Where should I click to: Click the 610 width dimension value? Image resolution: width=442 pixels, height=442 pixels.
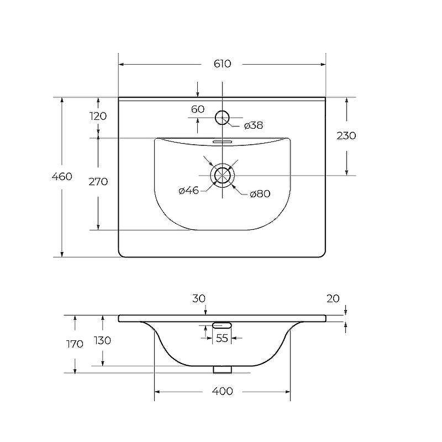tap(222, 64)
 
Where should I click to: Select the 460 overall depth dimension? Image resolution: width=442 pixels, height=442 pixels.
tap(62, 176)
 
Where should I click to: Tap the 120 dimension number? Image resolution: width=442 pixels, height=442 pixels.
tap(98, 116)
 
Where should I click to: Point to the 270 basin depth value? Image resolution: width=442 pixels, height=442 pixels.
tap(98, 182)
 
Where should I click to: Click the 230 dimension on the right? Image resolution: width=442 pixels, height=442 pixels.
tap(346, 136)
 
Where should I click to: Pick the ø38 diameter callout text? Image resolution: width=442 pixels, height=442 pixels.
tap(254, 125)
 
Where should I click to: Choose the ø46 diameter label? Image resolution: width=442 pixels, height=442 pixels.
tap(188, 191)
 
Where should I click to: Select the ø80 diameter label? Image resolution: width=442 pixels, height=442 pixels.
tap(260, 194)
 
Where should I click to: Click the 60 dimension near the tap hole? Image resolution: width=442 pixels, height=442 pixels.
tap(198, 109)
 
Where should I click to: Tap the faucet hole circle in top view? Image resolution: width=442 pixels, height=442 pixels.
tap(223, 110)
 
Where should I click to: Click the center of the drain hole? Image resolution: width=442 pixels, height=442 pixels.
tap(223, 175)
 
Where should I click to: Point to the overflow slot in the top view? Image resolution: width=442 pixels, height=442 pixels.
tap(222, 141)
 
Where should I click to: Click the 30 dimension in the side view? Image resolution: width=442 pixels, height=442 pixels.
tap(199, 298)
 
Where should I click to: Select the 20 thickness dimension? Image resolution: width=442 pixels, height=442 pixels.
tap(333, 298)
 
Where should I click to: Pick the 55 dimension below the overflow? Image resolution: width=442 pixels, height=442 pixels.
tap(222, 338)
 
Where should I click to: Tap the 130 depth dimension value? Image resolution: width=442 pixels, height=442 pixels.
tap(103, 340)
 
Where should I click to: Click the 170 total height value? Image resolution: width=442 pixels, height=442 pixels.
tap(75, 344)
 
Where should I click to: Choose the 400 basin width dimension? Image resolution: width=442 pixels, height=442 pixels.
tap(223, 391)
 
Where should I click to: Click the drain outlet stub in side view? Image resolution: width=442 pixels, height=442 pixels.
tap(223, 369)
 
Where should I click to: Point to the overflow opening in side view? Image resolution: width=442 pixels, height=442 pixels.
tap(222, 325)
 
